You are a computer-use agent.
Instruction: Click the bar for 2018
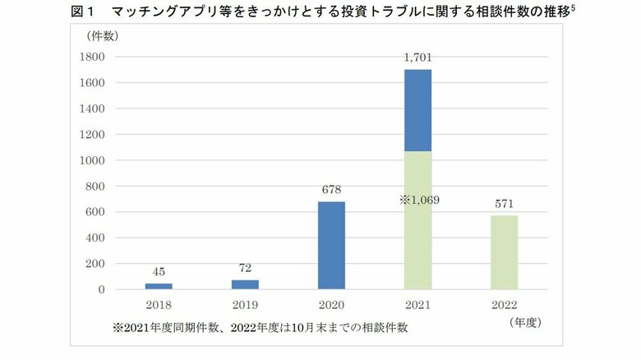tap(159, 286)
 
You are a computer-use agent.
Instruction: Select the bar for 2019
tap(245, 284)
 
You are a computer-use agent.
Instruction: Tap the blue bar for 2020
tap(330, 245)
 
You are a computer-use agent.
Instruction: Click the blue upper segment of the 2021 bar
tap(417, 110)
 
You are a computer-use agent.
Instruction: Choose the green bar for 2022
tap(504, 252)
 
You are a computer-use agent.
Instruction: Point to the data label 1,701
tap(417, 58)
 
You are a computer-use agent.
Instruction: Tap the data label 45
tap(159, 272)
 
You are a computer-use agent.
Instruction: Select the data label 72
tap(245, 269)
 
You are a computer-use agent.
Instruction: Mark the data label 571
tap(504, 204)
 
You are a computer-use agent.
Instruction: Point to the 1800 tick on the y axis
tap(93, 57)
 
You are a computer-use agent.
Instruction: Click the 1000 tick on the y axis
tap(93, 160)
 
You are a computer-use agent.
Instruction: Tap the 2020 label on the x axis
tap(330, 303)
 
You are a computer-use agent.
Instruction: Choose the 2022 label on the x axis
tap(504, 303)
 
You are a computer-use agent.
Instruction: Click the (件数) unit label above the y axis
tap(102, 35)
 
